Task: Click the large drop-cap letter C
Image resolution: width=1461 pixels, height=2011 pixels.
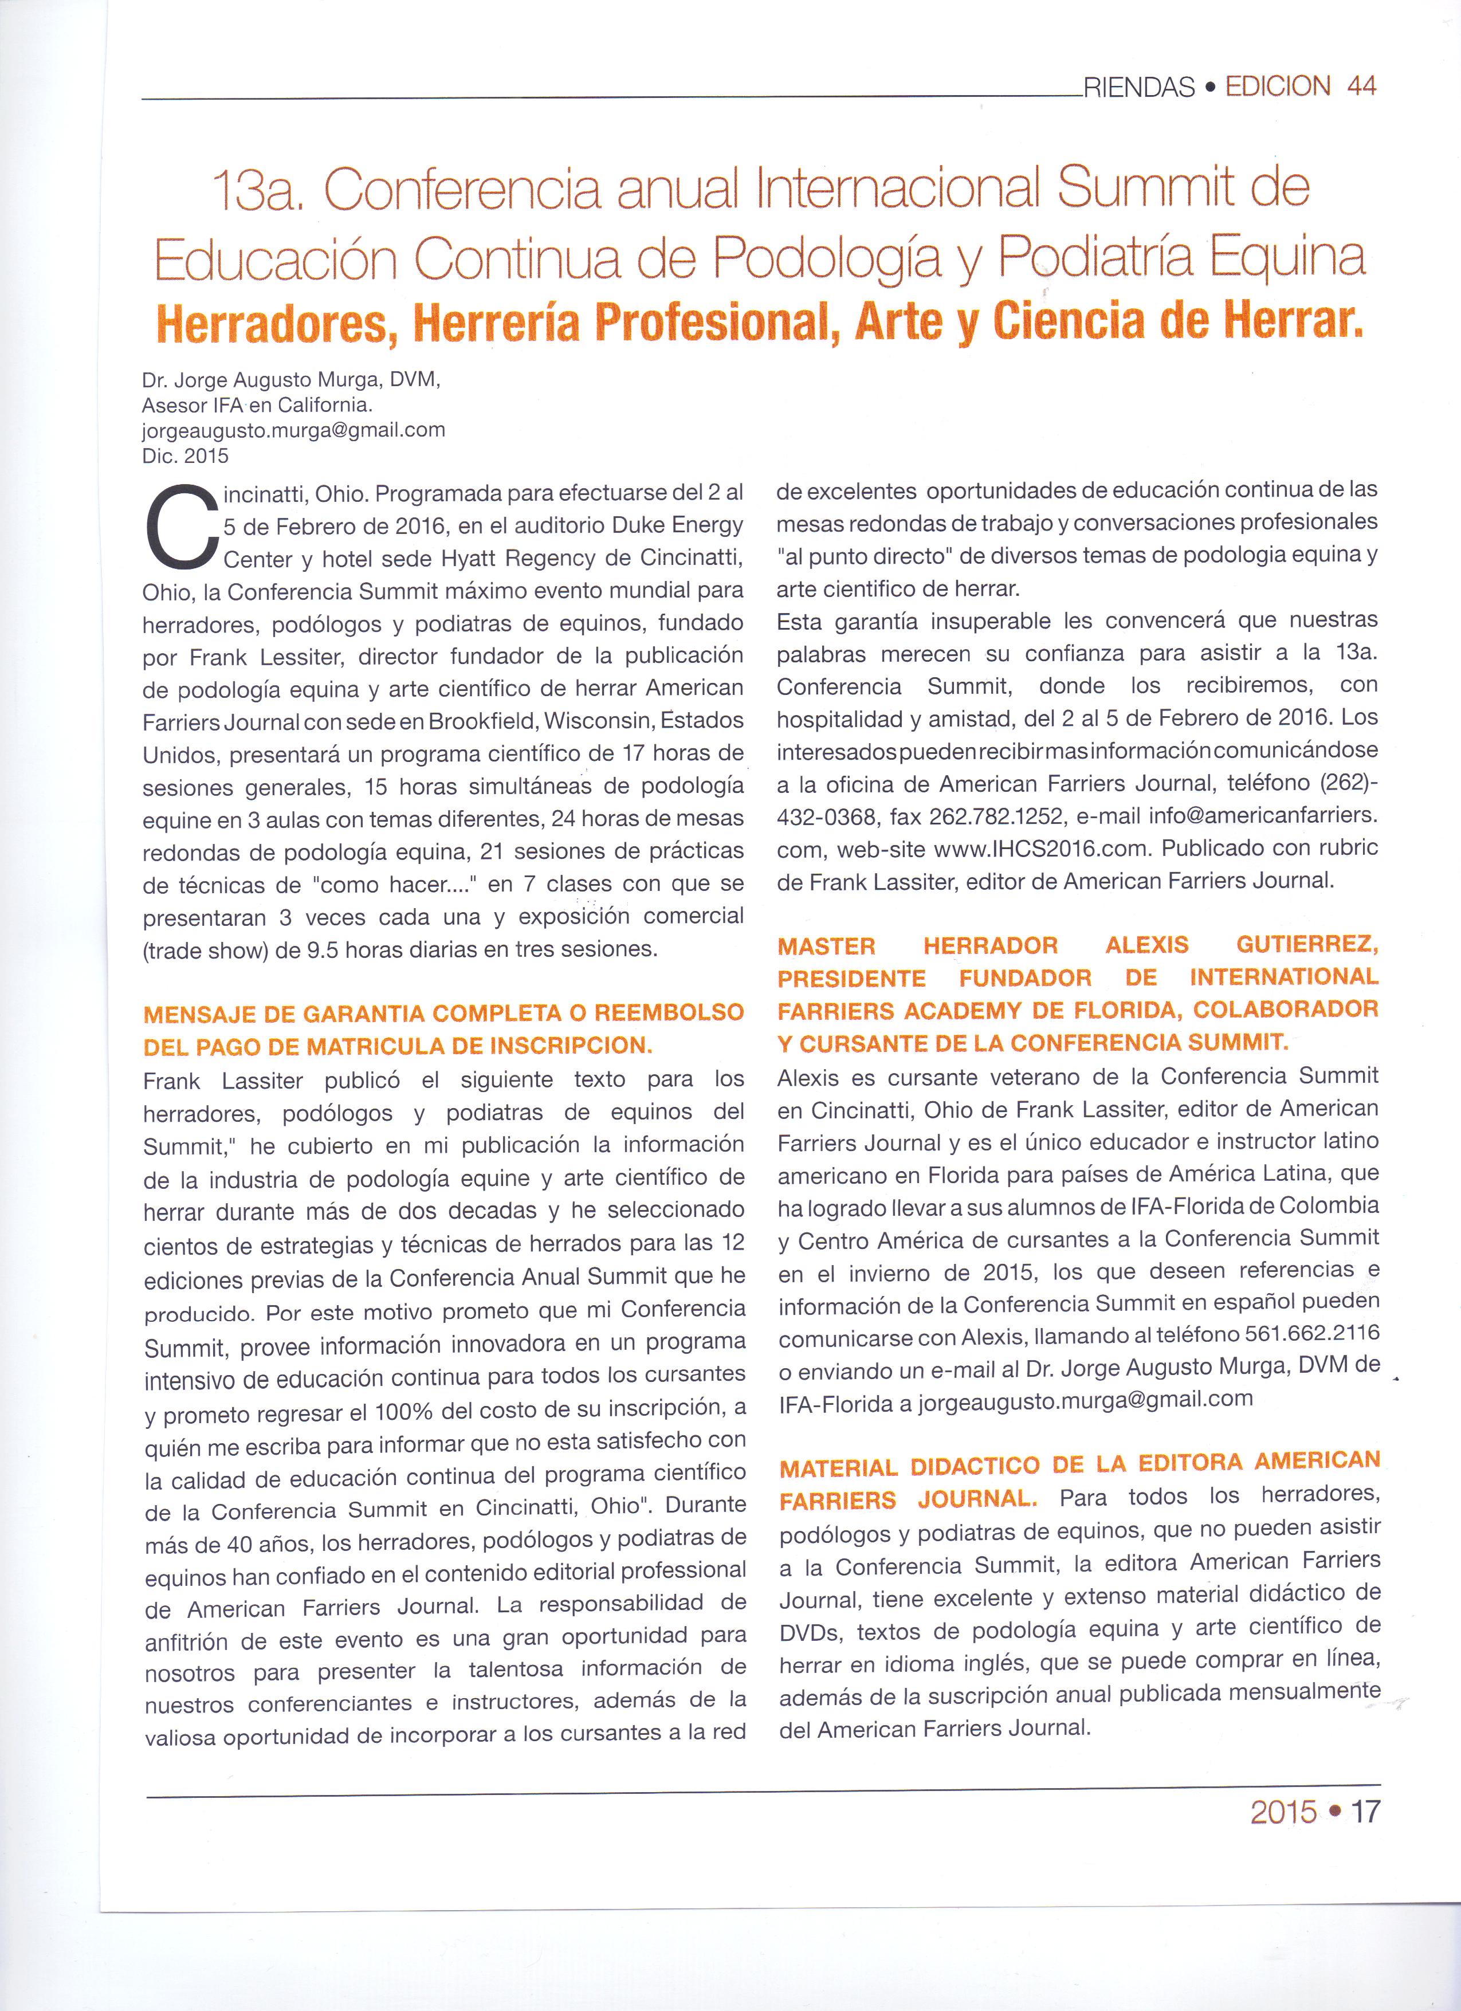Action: pos(180,528)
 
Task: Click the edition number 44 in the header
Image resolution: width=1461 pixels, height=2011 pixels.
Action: pos(1360,86)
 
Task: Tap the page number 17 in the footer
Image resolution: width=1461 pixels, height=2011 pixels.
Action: pos(1365,1812)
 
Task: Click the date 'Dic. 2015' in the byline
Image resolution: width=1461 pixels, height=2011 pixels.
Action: pos(185,455)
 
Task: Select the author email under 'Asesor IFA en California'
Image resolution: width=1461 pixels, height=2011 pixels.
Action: pos(293,430)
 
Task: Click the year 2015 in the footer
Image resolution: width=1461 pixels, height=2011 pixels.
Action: pos(1284,1812)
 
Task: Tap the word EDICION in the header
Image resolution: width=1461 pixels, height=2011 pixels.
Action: pos(1278,86)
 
